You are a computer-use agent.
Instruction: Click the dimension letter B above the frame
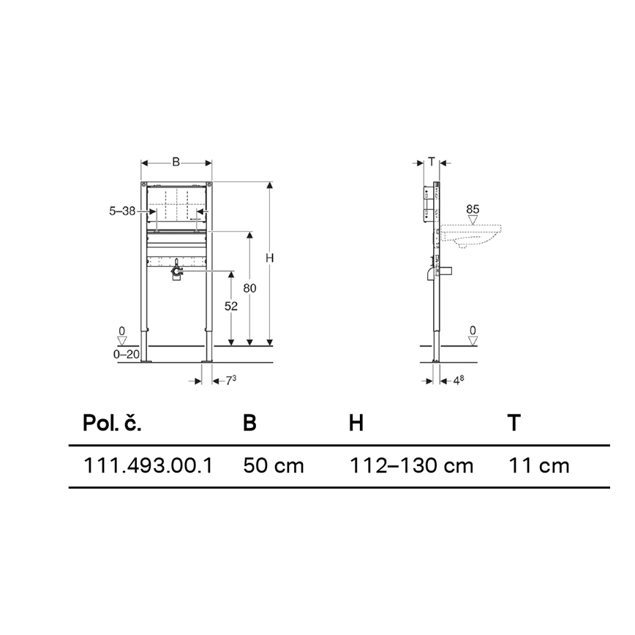(176, 162)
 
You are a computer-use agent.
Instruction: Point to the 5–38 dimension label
(122, 211)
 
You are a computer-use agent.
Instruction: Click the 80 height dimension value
(249, 288)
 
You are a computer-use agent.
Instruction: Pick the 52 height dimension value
(231, 307)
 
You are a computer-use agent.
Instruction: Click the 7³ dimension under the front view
(230, 380)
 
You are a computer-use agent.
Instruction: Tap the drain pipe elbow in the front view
(176, 273)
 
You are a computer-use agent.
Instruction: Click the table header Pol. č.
(112, 423)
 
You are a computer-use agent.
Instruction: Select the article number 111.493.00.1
(149, 465)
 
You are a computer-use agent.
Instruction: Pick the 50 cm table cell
(273, 465)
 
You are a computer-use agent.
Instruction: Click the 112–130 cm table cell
(410, 465)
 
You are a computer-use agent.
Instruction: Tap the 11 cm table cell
(538, 465)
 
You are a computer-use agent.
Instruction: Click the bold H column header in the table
(356, 423)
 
